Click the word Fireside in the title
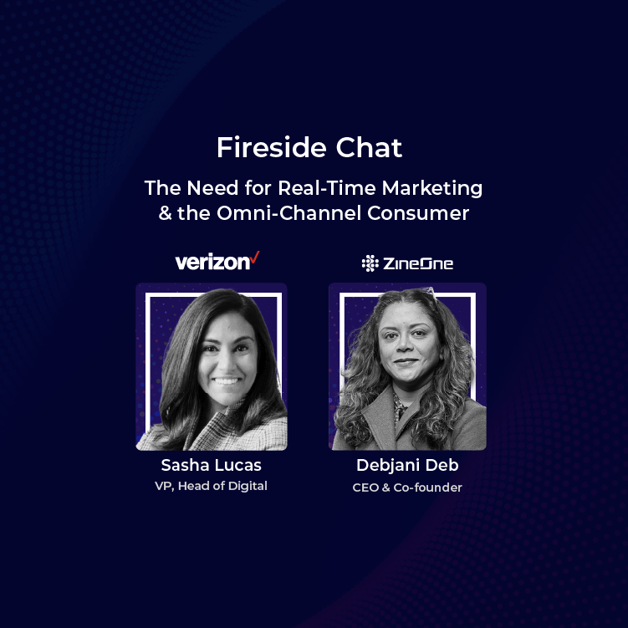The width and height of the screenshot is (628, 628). tap(272, 147)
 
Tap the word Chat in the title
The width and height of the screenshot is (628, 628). tap(369, 147)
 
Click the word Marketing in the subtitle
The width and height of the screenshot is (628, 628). tap(432, 188)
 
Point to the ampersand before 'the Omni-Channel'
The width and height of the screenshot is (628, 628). tap(165, 213)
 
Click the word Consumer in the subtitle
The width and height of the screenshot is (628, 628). tap(418, 213)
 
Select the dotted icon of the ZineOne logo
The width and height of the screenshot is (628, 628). tap(370, 263)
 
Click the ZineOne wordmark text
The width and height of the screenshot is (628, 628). tap(418, 263)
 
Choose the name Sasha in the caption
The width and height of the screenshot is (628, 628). tap(185, 465)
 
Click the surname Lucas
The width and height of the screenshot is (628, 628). tap(238, 465)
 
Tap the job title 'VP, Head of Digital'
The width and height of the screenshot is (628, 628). tap(211, 486)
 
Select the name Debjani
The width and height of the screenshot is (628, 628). tap(388, 466)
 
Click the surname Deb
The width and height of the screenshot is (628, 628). tap(442, 465)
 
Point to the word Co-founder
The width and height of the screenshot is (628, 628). tap(428, 488)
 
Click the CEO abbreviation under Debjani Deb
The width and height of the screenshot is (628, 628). tap(365, 488)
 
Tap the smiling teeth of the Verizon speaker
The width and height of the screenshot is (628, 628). tap(226, 380)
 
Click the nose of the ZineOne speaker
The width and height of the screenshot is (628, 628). tap(406, 347)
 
